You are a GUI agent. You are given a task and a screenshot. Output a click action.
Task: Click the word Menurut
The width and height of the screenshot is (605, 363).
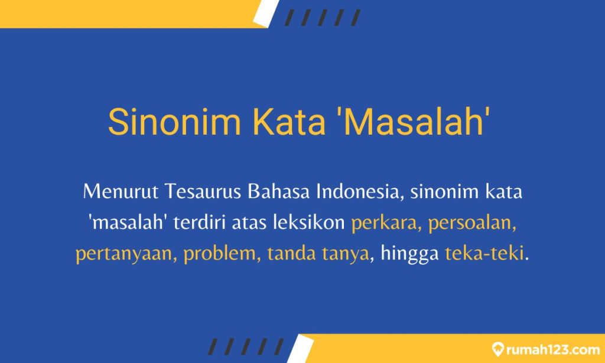[119, 192]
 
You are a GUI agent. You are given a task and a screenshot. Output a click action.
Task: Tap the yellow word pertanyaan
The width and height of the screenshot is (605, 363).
[126, 255]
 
